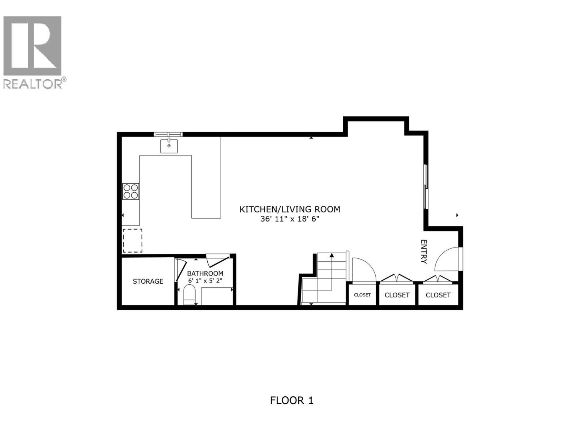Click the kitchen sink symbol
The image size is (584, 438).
pos(169,146)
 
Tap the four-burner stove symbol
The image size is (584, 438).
pos(130,191)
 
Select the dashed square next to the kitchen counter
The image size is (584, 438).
pos(132,241)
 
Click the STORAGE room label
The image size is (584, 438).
pos(148,281)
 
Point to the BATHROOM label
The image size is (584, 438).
pos(205,273)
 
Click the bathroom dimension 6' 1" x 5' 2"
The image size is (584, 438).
pos(205,281)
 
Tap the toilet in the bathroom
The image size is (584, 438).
pos(189,295)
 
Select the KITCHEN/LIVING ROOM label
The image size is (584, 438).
pos(290,209)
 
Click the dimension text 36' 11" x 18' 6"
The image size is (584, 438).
pos(290,219)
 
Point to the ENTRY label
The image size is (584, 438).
pos(423,251)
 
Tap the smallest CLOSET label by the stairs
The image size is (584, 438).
pos(362,295)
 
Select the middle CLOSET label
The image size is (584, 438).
pos(397,295)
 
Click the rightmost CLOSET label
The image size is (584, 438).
pos(438,295)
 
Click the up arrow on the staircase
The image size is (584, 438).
pos(332,255)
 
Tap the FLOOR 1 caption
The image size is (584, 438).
pos(292,400)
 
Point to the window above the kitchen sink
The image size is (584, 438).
pos(168,134)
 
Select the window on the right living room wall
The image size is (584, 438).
pos(426,187)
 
